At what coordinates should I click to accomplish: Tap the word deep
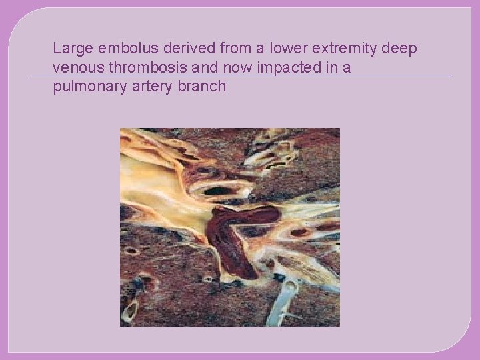(x=399, y=49)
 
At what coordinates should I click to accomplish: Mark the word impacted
(x=291, y=68)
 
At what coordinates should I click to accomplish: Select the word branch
(x=203, y=87)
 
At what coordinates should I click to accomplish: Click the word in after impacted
(x=334, y=68)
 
